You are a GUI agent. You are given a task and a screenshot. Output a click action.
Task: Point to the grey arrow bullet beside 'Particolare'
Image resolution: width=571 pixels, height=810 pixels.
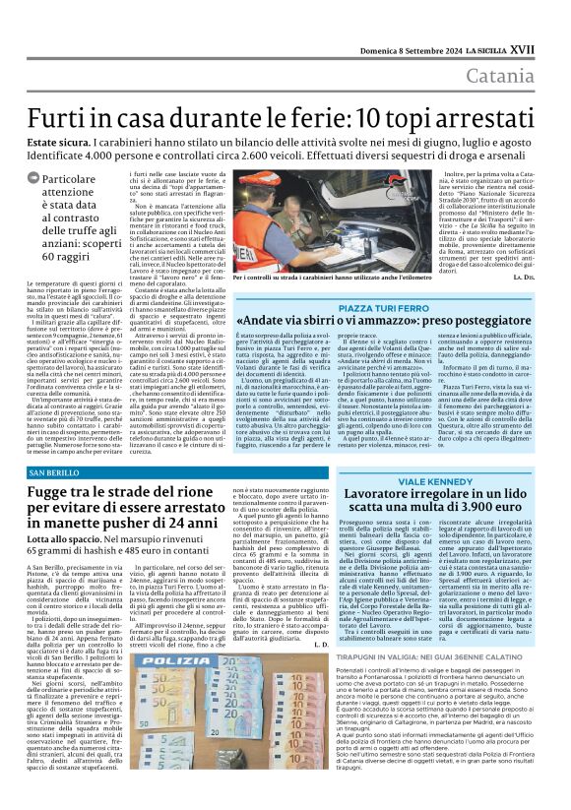point(36,179)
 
